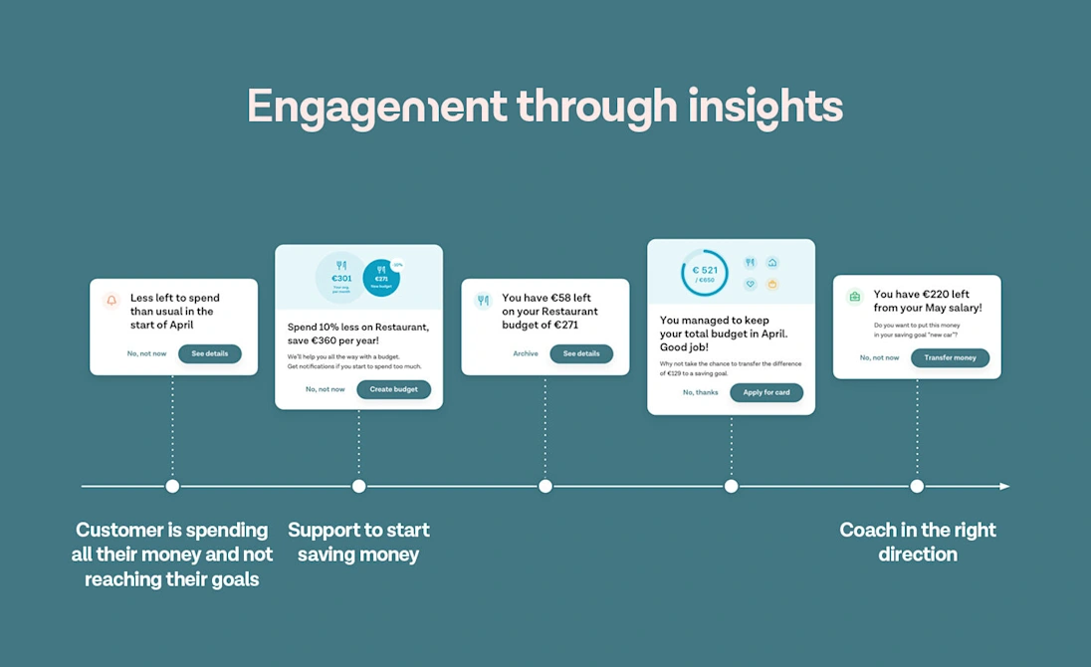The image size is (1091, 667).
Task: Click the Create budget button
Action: (x=393, y=389)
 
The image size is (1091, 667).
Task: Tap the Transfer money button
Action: (x=950, y=357)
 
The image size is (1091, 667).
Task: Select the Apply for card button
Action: (x=765, y=392)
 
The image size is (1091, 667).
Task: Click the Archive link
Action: (x=526, y=353)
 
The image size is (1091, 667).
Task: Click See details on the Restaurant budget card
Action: (x=581, y=353)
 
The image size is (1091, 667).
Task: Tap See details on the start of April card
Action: (x=209, y=353)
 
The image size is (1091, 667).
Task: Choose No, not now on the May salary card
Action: (x=879, y=357)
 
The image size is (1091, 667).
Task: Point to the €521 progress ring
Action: (x=705, y=273)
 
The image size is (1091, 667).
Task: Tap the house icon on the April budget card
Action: (x=771, y=263)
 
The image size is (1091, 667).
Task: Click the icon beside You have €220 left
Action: (x=854, y=297)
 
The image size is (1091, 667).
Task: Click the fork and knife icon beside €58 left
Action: (x=483, y=300)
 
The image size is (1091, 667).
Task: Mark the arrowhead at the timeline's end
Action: (x=1004, y=486)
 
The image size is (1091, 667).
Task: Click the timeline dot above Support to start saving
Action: (x=358, y=486)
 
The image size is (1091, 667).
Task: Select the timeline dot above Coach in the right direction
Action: (x=917, y=486)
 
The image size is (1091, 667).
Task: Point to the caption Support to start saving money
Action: (x=358, y=542)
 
